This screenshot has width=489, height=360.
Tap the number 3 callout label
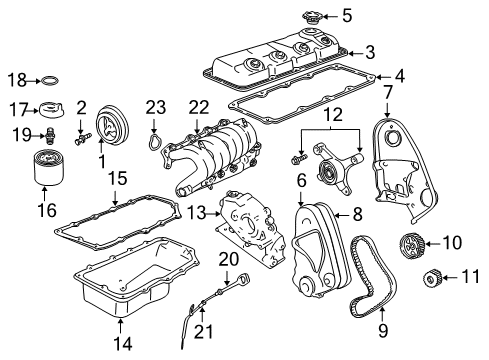369,51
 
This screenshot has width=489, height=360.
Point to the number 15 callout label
117,178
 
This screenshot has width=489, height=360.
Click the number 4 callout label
400,76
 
